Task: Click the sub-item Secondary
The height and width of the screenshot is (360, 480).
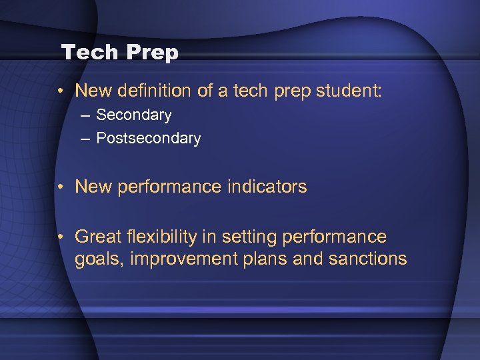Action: [133, 115]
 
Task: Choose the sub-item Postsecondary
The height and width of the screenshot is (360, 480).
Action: [148, 138]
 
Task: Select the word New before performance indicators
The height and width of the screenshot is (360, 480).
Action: [93, 187]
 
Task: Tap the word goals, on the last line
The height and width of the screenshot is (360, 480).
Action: [100, 259]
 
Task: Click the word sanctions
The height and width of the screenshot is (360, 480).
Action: [367, 259]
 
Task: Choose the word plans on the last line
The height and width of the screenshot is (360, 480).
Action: [269, 259]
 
